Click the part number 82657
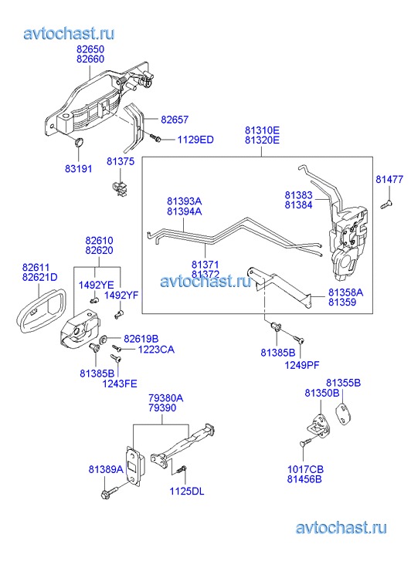(175, 120)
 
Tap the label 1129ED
(195, 140)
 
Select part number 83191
(79, 168)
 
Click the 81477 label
(389, 179)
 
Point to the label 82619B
(141, 339)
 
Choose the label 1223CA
(156, 350)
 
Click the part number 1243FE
(120, 384)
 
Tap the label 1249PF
(302, 365)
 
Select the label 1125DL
(187, 492)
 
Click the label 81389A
(106, 469)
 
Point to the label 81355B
(343, 383)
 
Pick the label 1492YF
(121, 296)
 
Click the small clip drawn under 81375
(120, 188)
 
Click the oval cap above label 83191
(79, 143)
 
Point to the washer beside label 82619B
(104, 339)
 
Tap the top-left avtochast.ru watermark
(70, 34)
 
